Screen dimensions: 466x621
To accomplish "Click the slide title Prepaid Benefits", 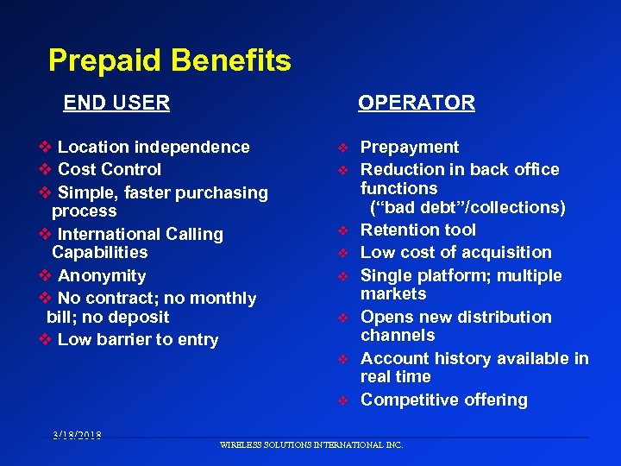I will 169,60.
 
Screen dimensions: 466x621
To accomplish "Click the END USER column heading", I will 116,103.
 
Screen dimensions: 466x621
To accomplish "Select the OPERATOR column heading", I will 417,103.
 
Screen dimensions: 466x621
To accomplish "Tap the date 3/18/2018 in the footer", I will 75,435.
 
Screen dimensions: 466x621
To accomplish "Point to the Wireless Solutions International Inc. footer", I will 311,445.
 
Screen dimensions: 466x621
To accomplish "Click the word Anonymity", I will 102,276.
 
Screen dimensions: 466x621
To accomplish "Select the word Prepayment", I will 410,148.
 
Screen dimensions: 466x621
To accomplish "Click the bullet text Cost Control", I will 110,169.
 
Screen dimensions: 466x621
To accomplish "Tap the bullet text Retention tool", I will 418,230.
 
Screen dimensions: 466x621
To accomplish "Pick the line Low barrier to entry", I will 138,340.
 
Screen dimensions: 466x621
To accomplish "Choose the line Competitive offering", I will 444,400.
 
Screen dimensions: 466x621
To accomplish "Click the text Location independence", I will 154,148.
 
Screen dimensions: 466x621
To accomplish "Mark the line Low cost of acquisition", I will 456,252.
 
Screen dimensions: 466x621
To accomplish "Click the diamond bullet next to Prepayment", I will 342,148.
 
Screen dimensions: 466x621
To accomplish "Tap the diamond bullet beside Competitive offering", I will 342,400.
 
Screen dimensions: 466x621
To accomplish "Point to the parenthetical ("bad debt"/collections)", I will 467,207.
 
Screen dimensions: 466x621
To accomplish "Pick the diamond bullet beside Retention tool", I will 342,230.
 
